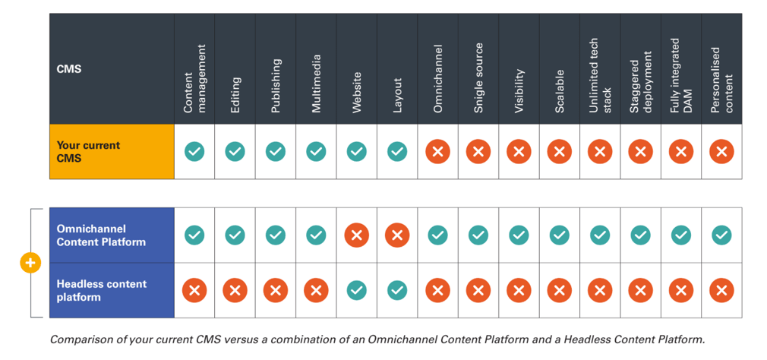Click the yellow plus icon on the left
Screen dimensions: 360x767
pyautogui.click(x=30, y=263)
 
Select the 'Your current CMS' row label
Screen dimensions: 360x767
pyautogui.click(x=88, y=152)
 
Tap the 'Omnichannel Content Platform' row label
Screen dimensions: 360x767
pyautogui.click(x=101, y=235)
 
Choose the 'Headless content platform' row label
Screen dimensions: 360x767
pyautogui.click(x=101, y=290)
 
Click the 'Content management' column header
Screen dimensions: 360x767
pyautogui.click(x=194, y=79)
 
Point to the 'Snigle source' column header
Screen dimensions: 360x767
pyautogui.click(x=478, y=79)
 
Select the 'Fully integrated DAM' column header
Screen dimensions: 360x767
pyautogui.click(x=680, y=76)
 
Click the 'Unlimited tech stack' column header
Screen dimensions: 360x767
pyautogui.click(x=600, y=79)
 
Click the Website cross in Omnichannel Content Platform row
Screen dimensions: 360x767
pyautogui.click(x=356, y=235)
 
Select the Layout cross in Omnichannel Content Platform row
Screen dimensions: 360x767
pyautogui.click(x=397, y=235)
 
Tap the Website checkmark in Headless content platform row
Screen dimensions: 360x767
pyautogui.click(x=356, y=290)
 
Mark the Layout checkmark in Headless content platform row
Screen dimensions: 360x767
pyautogui.click(x=397, y=290)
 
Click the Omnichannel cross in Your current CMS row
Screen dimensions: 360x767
pyautogui.click(x=437, y=152)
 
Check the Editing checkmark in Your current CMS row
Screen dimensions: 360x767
pyautogui.click(x=235, y=152)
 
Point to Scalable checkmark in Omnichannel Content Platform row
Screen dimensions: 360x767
pyautogui.click(x=559, y=235)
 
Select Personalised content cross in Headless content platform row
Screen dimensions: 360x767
pyautogui.click(x=721, y=290)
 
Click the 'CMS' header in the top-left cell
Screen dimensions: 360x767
pyautogui.click(x=69, y=69)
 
